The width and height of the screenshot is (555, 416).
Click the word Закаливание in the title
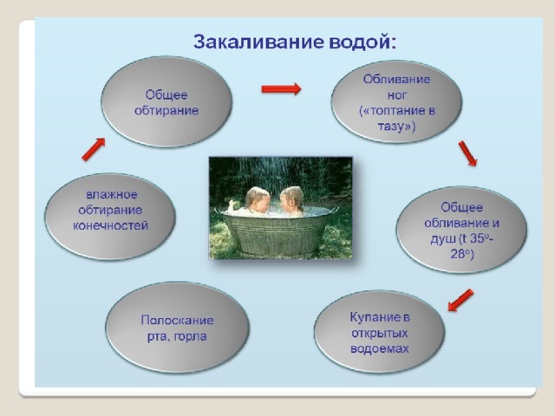(x=258, y=42)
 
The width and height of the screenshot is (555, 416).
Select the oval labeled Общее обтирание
(x=166, y=102)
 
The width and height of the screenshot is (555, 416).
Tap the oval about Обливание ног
(x=396, y=101)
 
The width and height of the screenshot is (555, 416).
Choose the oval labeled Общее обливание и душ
(x=461, y=230)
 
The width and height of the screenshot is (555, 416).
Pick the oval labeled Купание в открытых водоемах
(x=380, y=332)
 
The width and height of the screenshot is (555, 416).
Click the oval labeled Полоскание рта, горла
(x=177, y=328)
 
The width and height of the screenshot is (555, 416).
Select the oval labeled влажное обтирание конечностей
(x=110, y=217)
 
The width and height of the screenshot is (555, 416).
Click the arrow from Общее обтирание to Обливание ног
(x=281, y=88)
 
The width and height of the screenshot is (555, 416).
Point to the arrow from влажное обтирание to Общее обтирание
(x=94, y=149)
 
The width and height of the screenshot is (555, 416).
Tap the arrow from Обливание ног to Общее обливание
(x=468, y=153)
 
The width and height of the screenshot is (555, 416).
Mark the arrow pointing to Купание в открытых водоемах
(x=460, y=301)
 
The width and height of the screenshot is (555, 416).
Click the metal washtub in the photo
(x=276, y=231)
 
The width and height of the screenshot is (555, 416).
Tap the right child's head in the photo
(x=291, y=198)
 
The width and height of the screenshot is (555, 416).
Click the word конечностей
(x=110, y=225)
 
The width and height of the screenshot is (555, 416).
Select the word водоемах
(x=380, y=348)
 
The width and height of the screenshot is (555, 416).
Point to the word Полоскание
(x=177, y=320)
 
